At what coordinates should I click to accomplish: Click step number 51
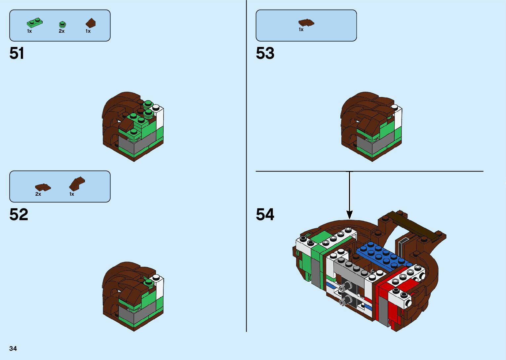click(17, 53)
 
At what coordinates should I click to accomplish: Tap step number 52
click(19, 215)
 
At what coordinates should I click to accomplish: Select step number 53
click(265, 53)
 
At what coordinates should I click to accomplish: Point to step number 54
click(265, 215)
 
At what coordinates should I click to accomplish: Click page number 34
click(13, 348)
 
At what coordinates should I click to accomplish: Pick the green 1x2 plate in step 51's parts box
click(34, 23)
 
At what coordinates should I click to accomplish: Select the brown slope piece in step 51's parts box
click(91, 23)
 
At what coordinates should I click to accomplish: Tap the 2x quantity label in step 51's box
click(61, 31)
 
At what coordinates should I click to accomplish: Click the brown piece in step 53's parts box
click(306, 22)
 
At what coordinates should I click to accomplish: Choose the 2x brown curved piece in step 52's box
click(43, 187)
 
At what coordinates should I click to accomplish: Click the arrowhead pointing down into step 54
click(349, 215)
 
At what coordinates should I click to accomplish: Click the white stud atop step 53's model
click(395, 107)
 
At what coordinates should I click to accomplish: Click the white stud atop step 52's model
click(157, 277)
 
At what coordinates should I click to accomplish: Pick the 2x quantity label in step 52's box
click(38, 194)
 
